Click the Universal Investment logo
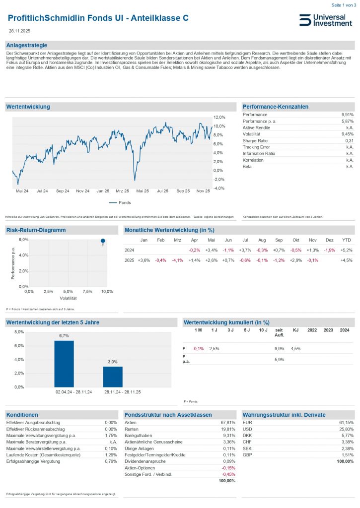pos(325,20)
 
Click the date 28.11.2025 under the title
pos(19,31)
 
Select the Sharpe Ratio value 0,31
pos(349,141)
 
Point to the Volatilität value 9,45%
pos(348,134)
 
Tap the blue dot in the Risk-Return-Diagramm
pos(103,241)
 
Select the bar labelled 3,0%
pos(113,377)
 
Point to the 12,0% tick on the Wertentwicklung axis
pos(219,117)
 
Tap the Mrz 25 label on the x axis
pos(123,190)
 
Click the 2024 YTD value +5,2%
pos(346,250)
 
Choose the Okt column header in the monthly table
pos(296,240)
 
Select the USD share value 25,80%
pos(346,429)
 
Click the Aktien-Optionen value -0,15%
pos(228,468)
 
